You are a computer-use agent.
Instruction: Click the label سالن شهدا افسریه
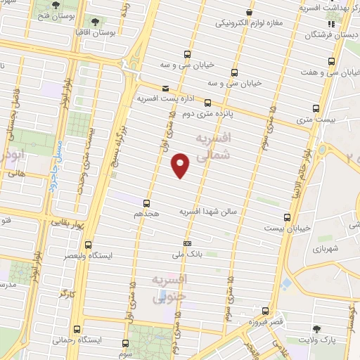click(x=211, y=211)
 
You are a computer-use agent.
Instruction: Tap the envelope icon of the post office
click(x=165, y=89)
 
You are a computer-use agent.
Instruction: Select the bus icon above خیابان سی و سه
click(x=187, y=54)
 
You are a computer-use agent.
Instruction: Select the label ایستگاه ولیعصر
click(x=106, y=256)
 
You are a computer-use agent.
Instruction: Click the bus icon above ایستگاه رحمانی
click(x=77, y=328)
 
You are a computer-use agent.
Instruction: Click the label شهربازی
click(x=325, y=250)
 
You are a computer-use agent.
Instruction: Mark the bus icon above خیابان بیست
click(x=287, y=218)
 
